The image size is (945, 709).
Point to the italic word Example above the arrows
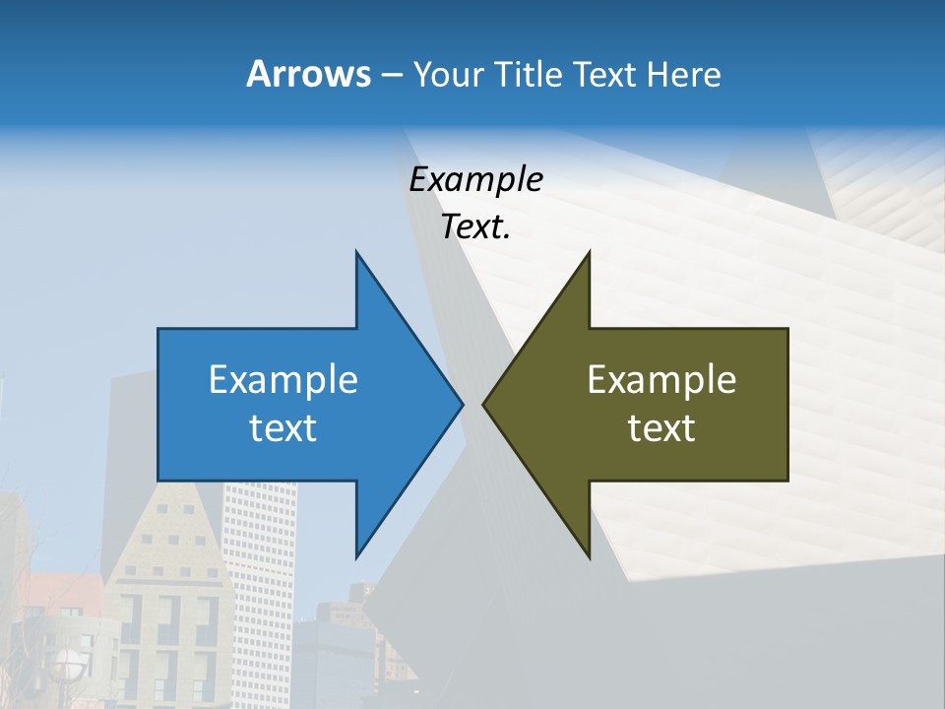(475, 180)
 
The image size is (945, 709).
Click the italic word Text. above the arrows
(475, 227)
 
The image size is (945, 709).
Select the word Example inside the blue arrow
(283, 379)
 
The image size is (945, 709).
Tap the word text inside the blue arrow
(283, 428)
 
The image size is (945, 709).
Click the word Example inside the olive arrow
(661, 379)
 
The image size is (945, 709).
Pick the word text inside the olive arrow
(661, 428)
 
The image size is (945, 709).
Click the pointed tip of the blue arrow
(461, 404)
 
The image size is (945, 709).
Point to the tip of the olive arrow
(484, 404)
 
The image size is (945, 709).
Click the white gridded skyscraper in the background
(259, 551)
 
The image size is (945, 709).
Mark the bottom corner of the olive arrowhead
(589, 555)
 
